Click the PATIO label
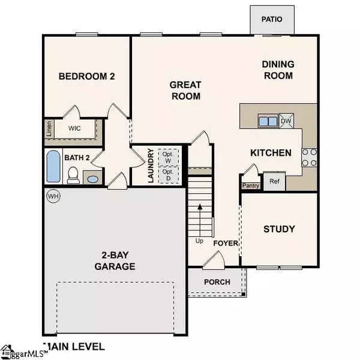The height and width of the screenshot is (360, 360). (272, 19)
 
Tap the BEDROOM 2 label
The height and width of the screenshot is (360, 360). (86, 76)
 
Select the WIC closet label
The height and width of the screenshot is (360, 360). (74, 128)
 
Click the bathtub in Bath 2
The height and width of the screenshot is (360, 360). (53, 167)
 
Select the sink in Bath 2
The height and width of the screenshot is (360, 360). (92, 178)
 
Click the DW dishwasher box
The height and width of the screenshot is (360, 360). (286, 121)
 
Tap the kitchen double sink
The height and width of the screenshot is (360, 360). (268, 121)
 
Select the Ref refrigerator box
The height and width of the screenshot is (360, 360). (274, 181)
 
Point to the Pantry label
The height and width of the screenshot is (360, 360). (250, 185)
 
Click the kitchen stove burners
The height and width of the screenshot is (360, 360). (309, 157)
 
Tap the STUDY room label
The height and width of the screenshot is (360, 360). (279, 229)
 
